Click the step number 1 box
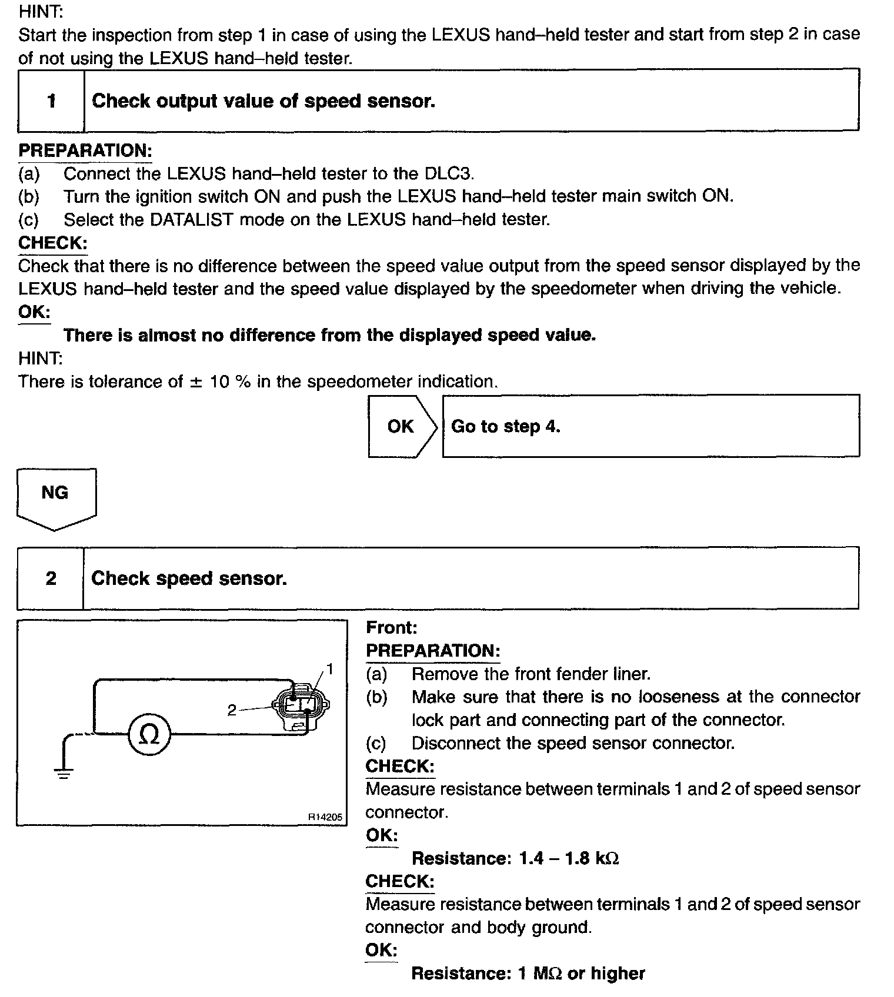(x=51, y=101)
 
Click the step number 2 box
(x=51, y=578)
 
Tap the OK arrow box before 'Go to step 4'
(x=402, y=426)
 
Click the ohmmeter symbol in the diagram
(x=150, y=734)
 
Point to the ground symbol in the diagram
(x=63, y=771)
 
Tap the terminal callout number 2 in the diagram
(x=232, y=710)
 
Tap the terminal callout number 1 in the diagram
(x=330, y=669)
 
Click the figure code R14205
(x=325, y=817)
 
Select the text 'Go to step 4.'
(x=505, y=426)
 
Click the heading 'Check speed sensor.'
(x=189, y=578)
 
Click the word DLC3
(x=448, y=173)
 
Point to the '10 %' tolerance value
(x=230, y=382)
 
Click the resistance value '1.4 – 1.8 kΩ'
(x=568, y=858)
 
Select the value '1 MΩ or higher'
(x=581, y=973)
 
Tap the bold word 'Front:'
(x=391, y=627)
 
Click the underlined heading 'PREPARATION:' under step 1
(x=85, y=150)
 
